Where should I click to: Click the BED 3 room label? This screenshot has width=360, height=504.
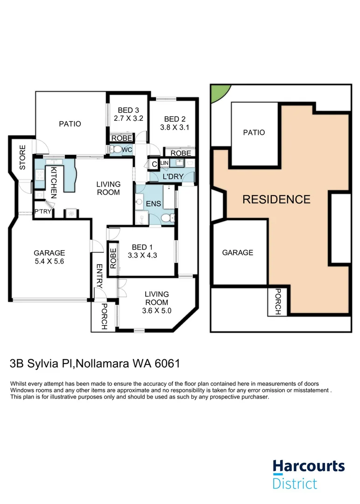[x=127, y=111]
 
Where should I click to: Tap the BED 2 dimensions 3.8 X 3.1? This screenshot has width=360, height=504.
[x=174, y=126]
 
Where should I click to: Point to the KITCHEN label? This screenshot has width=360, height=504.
[x=53, y=182]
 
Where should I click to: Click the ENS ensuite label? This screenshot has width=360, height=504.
[x=154, y=204]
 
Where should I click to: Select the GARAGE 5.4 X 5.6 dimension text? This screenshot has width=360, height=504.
[x=49, y=261]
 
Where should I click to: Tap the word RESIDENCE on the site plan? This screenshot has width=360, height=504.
[x=276, y=200]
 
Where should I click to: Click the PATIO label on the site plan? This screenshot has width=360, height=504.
[x=254, y=133]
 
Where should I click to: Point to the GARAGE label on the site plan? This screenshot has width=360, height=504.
[x=237, y=252]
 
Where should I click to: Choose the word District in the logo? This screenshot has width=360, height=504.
[x=295, y=483]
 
